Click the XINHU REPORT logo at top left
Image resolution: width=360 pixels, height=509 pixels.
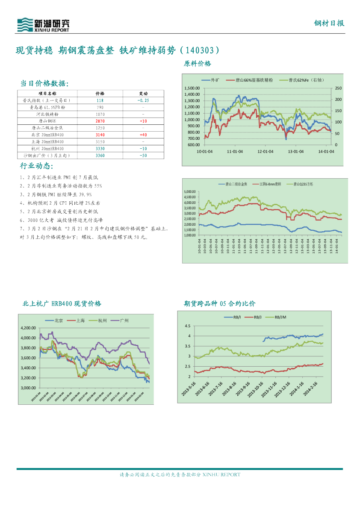pyautogui.click(x=42, y=24)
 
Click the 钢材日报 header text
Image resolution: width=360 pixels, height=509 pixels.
pyautogui.click(x=329, y=24)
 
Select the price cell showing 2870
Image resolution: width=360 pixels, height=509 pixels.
pyautogui.click(x=100, y=121)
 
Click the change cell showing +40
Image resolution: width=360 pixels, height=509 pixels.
pyautogui.click(x=143, y=135)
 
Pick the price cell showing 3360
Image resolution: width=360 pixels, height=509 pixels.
pyautogui.click(x=100, y=156)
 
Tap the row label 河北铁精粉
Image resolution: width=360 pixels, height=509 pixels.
pyautogui.click(x=47, y=114)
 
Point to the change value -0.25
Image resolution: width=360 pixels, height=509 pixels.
pyautogui.click(x=143, y=100)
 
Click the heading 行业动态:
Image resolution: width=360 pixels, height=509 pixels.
pyautogui.click(x=36, y=166)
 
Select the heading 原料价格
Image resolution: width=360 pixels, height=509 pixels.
pyautogui.click(x=197, y=64)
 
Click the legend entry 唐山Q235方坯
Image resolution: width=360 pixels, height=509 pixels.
pyautogui.click(x=303, y=184)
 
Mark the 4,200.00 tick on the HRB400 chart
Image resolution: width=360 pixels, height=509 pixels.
pyautogui.click(x=28, y=328)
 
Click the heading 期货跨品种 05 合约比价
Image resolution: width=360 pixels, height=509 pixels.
pyautogui.click(x=219, y=304)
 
